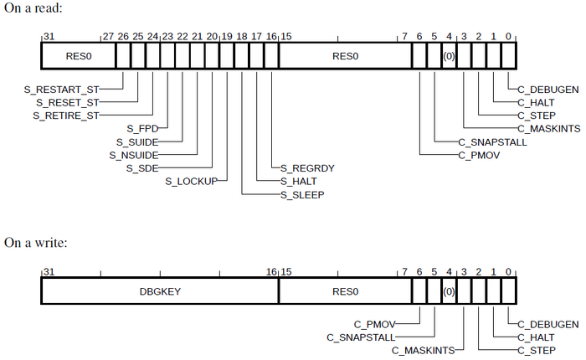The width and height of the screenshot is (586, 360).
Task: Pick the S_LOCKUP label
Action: (191, 181)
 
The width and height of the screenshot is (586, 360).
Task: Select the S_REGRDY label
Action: (307, 168)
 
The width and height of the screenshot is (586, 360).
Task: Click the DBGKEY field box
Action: (160, 292)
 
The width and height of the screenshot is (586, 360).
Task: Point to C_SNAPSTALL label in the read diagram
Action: (491, 142)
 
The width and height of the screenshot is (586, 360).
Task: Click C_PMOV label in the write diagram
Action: (373, 323)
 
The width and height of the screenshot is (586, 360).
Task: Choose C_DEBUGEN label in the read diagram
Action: (548, 88)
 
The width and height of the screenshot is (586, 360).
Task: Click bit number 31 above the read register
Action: (48, 37)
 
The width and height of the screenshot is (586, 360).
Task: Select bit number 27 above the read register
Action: (107, 37)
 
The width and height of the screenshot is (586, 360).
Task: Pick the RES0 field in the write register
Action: (344, 292)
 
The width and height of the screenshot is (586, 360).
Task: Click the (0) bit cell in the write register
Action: (449, 292)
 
